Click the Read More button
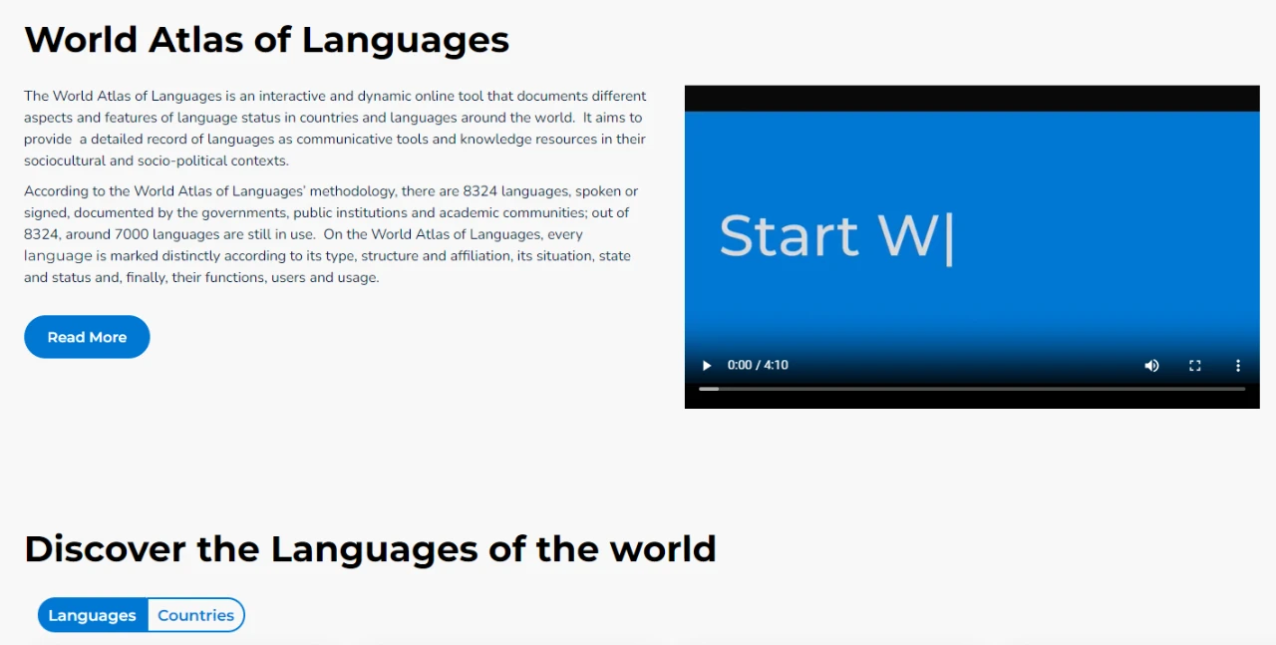point(87,337)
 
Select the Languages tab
point(93,615)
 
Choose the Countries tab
point(195,615)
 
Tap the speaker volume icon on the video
point(1151,366)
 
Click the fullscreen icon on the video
point(1195,366)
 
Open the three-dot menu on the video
point(1238,366)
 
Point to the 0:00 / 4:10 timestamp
point(758,365)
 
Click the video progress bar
point(972,389)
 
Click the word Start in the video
point(789,236)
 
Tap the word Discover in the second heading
point(106,549)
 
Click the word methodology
point(356,191)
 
